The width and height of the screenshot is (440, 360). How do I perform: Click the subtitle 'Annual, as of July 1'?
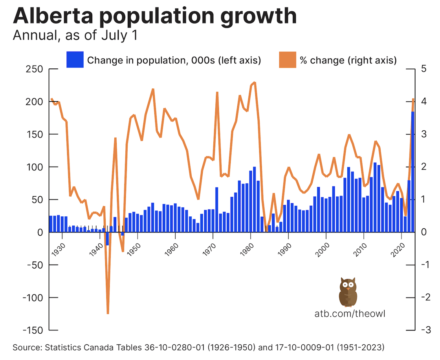[75, 35]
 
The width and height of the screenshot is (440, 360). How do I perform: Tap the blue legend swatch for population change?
[75, 60]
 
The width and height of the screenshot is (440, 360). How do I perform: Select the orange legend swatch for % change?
[288, 60]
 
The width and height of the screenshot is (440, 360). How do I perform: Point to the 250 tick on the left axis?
[34, 69]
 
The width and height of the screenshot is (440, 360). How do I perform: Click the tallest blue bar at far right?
[412, 173]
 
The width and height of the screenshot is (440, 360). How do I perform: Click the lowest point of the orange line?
[108, 313]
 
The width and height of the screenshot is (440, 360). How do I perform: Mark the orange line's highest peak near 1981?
[255, 83]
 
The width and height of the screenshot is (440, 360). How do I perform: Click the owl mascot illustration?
[347, 292]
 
